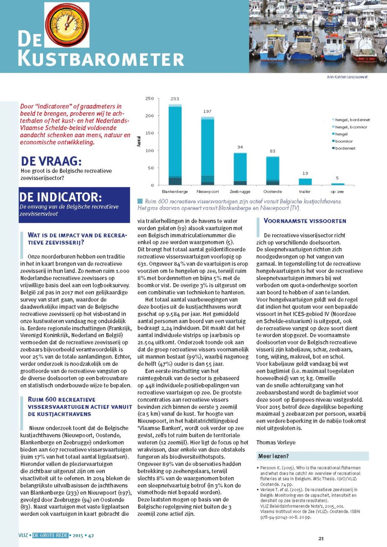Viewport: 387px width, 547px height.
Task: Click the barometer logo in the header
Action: [x=67, y=25]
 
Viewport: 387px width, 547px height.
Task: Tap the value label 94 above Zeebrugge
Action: [x=240, y=147]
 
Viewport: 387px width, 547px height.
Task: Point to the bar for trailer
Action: [x=305, y=182]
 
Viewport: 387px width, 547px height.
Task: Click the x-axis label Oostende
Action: [x=272, y=192]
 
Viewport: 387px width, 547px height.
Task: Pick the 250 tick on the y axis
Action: [x=149, y=99]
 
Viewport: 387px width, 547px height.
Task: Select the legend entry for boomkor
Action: [x=344, y=141]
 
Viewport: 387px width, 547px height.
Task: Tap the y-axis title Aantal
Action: [x=139, y=141]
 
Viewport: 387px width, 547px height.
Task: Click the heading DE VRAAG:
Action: [x=51, y=161]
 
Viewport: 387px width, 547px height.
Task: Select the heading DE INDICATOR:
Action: [x=60, y=197]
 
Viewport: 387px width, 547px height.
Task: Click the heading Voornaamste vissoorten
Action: [x=305, y=221]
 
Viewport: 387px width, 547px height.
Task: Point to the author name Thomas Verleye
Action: [x=276, y=442]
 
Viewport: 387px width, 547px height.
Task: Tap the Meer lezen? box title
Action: [x=273, y=456]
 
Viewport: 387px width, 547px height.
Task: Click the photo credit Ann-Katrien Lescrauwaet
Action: [x=347, y=77]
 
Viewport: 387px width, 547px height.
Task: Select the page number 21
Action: [x=321, y=538]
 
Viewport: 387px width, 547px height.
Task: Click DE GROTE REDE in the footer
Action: [x=50, y=535]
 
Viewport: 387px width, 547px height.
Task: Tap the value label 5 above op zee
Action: [x=337, y=178]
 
